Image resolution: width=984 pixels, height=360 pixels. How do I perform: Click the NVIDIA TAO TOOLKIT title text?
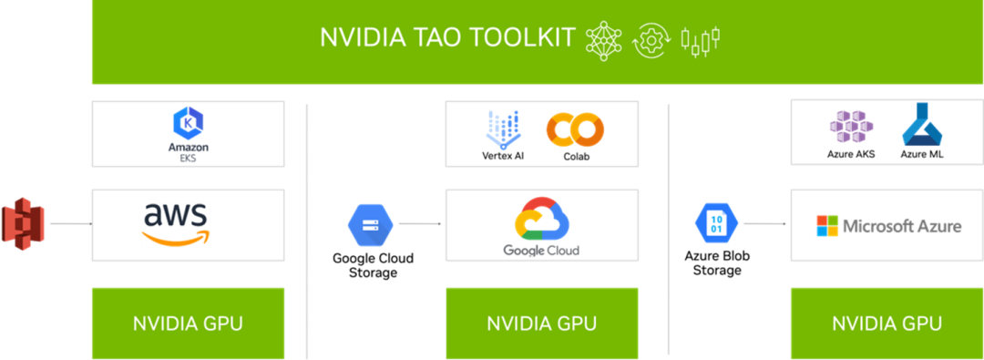pyautogui.click(x=447, y=38)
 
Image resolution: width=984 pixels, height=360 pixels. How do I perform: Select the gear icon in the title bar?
pyautogui.click(x=651, y=39)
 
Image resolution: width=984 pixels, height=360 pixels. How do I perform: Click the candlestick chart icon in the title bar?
pyautogui.click(x=701, y=39)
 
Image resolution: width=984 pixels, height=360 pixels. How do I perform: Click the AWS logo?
pyautogui.click(x=176, y=224)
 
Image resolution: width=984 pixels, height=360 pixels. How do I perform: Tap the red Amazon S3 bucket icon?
pyautogui.click(x=23, y=223)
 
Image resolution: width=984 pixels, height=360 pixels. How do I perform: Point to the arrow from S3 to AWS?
pyautogui.click(x=69, y=222)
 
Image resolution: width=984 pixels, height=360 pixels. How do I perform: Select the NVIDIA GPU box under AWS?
pyautogui.click(x=188, y=324)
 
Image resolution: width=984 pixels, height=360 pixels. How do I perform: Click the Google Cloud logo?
pyautogui.click(x=541, y=228)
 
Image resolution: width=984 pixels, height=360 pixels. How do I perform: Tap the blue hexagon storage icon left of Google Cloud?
pyautogui.click(x=370, y=222)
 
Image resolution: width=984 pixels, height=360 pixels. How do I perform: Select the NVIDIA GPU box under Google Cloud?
pyautogui.click(x=541, y=324)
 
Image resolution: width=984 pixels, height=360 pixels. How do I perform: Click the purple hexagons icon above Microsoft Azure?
pyautogui.click(x=851, y=129)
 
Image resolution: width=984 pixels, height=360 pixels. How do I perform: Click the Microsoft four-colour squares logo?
pyautogui.click(x=826, y=226)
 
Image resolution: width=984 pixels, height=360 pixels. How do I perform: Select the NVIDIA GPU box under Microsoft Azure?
pyautogui.click(x=887, y=324)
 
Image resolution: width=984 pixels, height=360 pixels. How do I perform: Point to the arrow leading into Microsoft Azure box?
pyautogui.click(x=764, y=222)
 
